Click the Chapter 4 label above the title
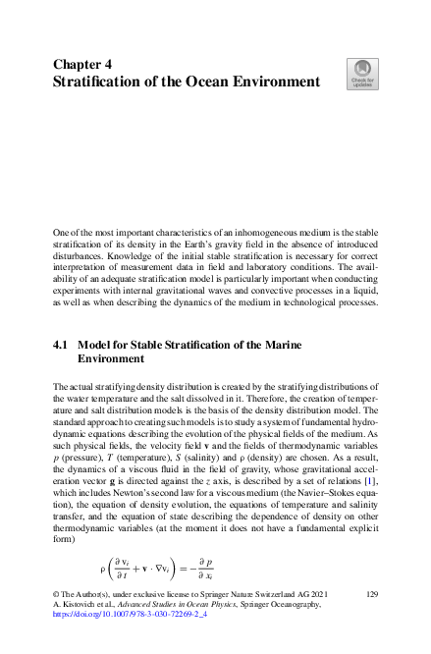click(82, 64)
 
